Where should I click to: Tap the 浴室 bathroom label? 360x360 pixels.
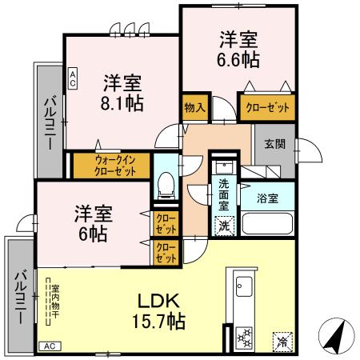coord(267,197)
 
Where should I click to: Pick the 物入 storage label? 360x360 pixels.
coord(194,107)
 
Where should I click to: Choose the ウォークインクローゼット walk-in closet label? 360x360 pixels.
coord(110,165)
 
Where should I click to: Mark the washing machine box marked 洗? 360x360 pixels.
coord(225,225)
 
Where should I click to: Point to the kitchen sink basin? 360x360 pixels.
coord(243,287)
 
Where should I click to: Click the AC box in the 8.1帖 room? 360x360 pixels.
coord(73,78)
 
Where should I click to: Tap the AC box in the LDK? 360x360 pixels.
coord(48,346)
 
